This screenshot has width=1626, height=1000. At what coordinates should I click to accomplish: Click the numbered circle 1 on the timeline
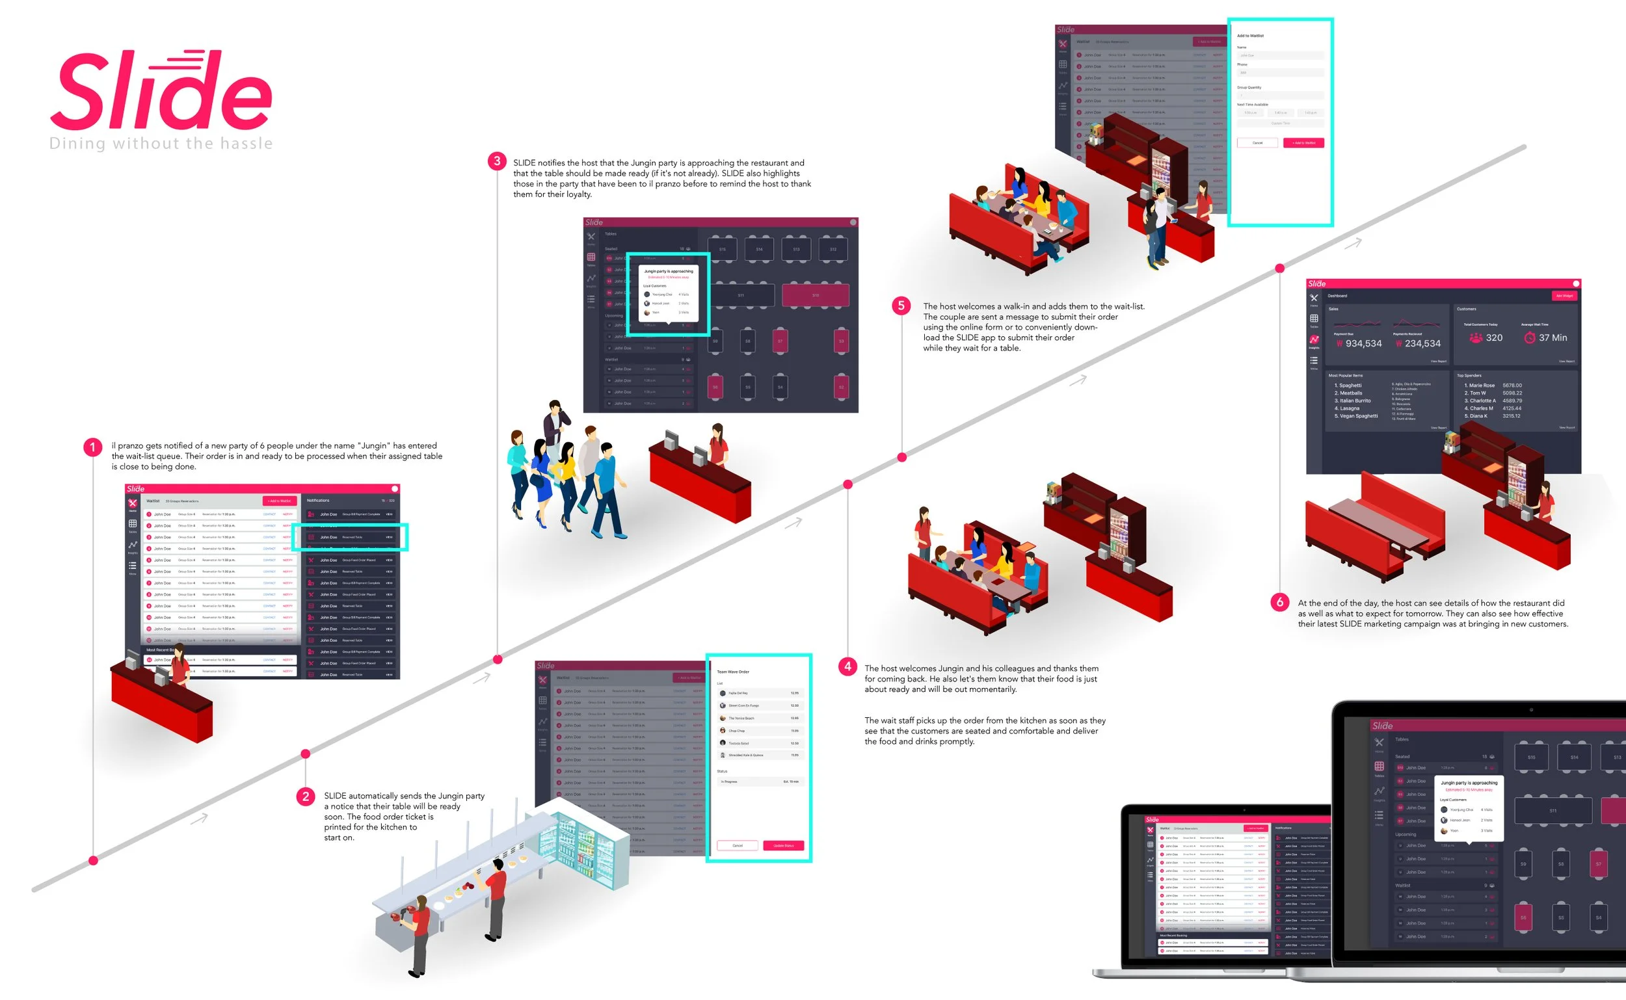[92, 448]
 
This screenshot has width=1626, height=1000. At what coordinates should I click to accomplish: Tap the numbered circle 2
[305, 796]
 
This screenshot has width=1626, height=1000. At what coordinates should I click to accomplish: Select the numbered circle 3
[497, 161]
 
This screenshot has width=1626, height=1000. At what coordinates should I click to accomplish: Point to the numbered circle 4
[847, 666]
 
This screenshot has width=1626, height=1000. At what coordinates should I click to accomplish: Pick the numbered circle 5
[901, 306]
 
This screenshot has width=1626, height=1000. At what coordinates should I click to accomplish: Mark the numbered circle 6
[1279, 602]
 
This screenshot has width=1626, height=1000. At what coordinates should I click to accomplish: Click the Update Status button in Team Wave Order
[783, 845]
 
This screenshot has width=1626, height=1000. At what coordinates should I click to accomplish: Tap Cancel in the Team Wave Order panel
[737, 845]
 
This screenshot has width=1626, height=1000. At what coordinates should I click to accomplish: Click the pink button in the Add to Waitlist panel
[1303, 143]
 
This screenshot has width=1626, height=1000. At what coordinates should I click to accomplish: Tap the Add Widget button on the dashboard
[1564, 296]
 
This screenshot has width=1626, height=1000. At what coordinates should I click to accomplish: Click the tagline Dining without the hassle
[161, 144]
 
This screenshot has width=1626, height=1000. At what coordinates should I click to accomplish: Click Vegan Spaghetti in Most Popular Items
[1358, 416]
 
